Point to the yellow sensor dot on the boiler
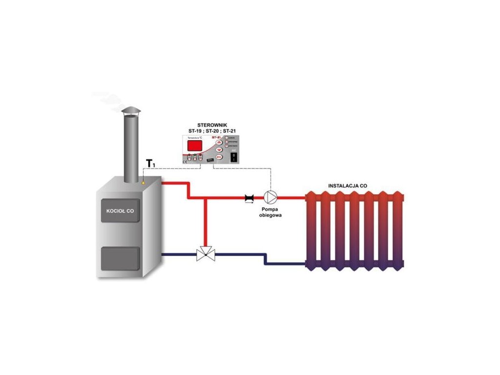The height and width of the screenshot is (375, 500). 144,183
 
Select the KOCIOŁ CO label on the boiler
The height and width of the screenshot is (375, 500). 120,211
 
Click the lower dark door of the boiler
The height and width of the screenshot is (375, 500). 120,258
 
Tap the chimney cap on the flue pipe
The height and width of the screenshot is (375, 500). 130,112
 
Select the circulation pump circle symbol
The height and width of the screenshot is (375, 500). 270,198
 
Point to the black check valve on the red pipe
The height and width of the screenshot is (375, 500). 250,198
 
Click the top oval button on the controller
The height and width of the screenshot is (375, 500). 219,143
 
